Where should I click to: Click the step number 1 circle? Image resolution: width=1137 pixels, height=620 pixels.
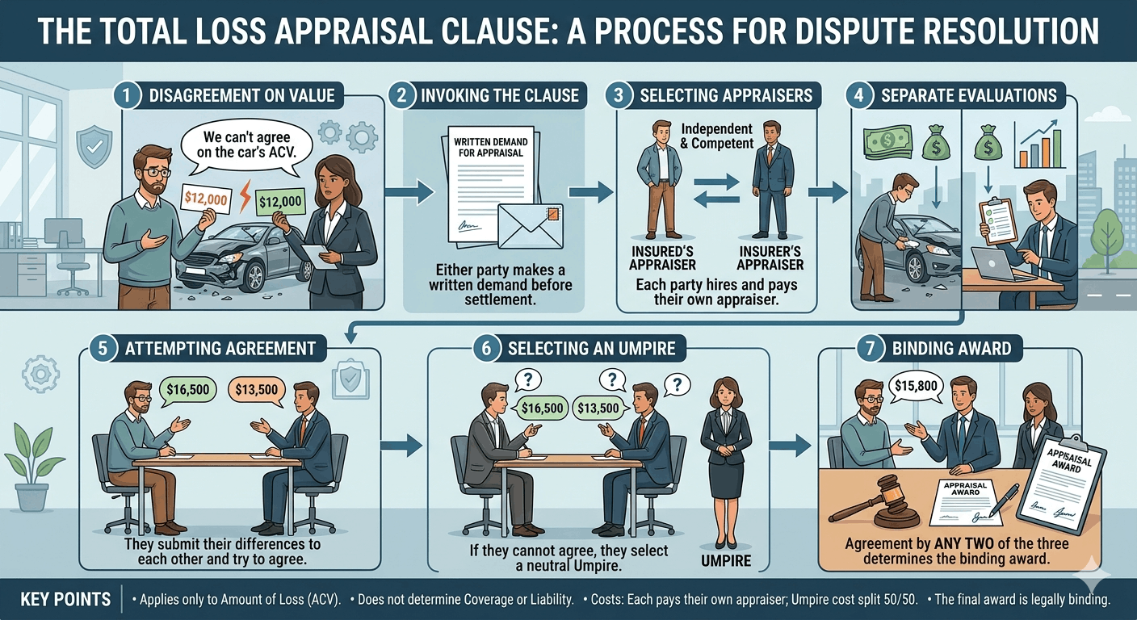click(x=127, y=95)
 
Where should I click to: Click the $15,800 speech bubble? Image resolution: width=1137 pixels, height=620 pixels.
click(x=916, y=386)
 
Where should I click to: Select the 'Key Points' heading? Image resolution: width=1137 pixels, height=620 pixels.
click(x=66, y=600)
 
